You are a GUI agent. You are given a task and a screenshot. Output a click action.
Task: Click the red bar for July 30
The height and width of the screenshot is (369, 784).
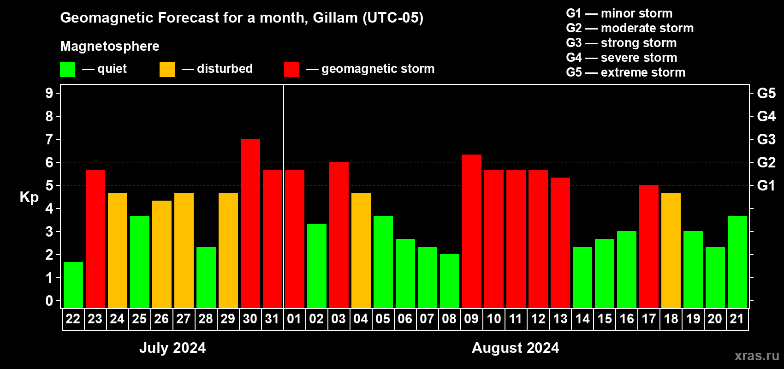point(250,223)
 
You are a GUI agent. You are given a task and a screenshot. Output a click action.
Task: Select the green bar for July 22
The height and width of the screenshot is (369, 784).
point(73,285)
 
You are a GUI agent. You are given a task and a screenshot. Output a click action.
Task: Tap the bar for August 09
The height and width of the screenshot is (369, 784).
point(472,231)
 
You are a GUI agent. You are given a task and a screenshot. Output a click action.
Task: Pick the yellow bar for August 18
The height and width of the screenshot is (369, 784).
point(671,250)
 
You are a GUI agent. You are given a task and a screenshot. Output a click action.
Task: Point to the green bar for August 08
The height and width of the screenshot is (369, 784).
point(450,281)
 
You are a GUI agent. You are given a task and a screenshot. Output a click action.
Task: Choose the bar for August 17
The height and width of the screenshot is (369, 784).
point(649,246)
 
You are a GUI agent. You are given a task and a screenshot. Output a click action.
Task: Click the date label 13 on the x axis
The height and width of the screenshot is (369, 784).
point(560,319)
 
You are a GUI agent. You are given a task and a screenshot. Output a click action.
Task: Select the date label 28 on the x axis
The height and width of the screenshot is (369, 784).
point(206,319)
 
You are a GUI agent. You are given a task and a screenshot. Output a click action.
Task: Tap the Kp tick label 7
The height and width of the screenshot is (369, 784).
point(49,139)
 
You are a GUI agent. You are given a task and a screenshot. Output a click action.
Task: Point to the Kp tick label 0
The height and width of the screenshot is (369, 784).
point(49,301)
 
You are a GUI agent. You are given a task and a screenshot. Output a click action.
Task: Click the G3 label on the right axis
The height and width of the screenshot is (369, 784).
point(766,139)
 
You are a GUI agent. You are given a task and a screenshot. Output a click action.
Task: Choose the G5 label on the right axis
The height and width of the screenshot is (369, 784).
point(766,93)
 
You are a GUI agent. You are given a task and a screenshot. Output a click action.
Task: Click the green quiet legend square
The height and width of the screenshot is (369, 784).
point(67,69)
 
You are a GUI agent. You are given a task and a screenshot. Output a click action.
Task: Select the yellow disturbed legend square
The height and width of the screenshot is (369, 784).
point(167,69)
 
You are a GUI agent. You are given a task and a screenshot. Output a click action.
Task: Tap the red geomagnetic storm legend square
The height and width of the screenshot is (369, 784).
point(292,69)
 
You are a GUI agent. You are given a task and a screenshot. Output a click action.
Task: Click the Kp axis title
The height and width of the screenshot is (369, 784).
point(29,197)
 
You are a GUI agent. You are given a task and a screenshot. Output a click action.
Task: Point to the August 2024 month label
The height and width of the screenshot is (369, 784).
point(516,348)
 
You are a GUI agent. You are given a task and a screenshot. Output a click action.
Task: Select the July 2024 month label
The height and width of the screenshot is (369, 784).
point(172,348)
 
